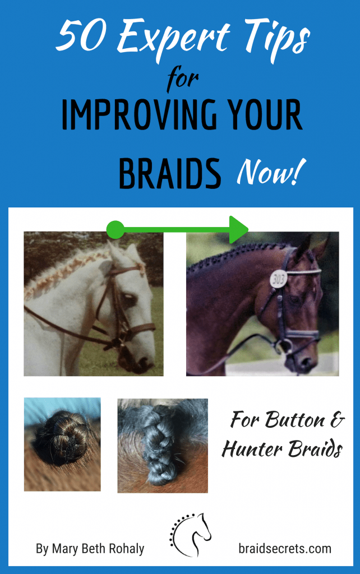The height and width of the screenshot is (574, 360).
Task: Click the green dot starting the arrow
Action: [x=115, y=229]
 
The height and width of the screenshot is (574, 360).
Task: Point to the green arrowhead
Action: [x=239, y=229]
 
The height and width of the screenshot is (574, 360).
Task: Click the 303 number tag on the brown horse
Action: [x=279, y=277]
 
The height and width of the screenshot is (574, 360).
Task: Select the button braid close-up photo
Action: [x=62, y=444]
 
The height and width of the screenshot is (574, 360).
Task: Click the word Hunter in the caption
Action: [x=252, y=449]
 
